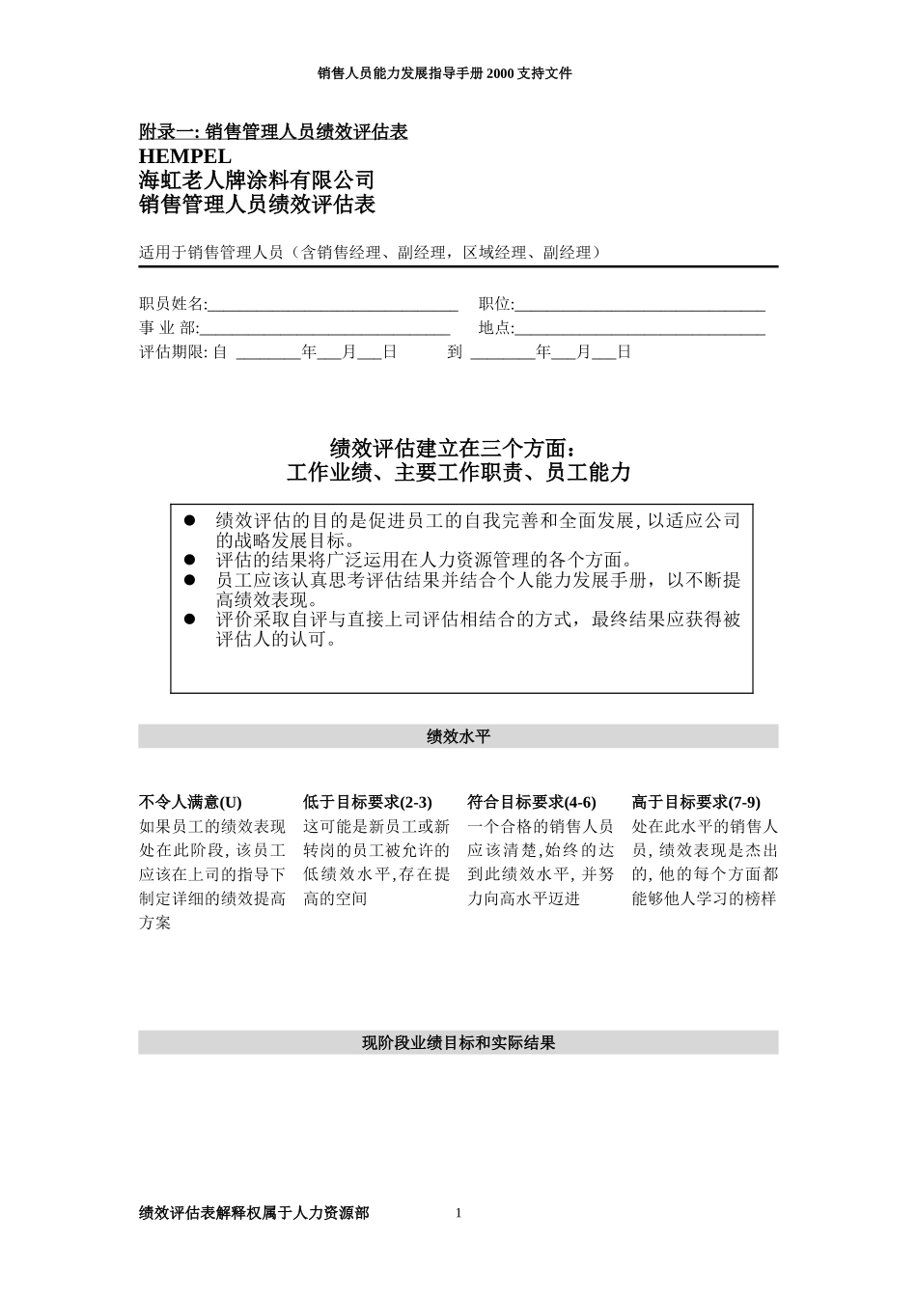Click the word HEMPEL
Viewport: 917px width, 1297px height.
(x=185, y=156)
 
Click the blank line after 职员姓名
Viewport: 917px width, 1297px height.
(x=332, y=306)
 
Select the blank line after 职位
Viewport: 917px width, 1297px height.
(x=640, y=306)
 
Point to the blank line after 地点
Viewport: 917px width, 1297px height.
(x=640, y=329)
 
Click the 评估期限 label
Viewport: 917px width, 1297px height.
(x=173, y=352)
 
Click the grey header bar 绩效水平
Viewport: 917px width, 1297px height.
(x=458, y=737)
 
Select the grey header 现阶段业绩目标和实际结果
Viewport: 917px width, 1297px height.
(x=458, y=1043)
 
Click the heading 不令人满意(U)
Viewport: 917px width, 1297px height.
(x=191, y=802)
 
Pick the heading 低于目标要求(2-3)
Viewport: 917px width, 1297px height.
(x=368, y=802)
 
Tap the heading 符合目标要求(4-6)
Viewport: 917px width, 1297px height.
(x=532, y=802)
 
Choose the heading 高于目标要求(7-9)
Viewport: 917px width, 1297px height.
(x=696, y=802)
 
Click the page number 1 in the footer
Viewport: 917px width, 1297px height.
(x=458, y=1213)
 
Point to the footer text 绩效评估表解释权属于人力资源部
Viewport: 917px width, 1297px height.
(x=254, y=1213)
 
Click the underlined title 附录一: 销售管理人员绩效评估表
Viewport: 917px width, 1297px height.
(x=273, y=132)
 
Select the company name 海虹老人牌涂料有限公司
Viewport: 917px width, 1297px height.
(x=257, y=180)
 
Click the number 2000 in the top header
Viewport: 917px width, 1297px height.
(x=503, y=73)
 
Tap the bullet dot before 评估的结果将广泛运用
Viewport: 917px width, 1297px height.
(x=190, y=560)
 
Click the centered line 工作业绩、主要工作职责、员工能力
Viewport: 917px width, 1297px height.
(x=458, y=473)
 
